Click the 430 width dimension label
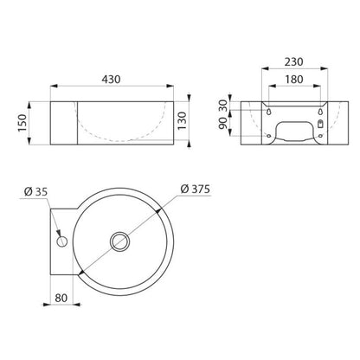click(111, 80)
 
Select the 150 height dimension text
click(22, 123)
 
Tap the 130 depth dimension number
click(182, 121)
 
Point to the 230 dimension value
click(293, 61)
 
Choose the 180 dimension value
click(293, 80)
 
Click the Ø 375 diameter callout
click(196, 190)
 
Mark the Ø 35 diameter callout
click(35, 192)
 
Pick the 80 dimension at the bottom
click(61, 298)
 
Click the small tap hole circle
click(61, 241)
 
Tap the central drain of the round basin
click(119, 241)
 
